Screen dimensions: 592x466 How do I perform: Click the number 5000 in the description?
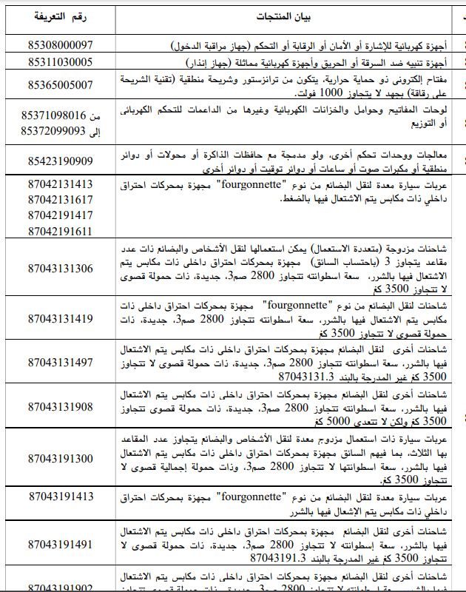296,420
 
